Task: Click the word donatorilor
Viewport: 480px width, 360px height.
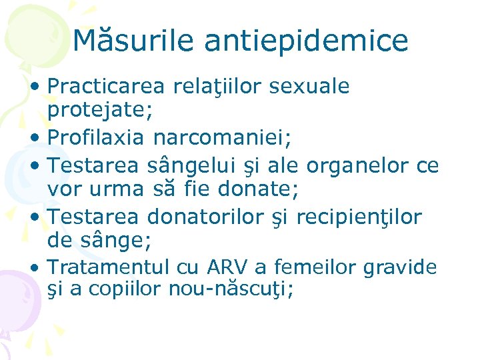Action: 205,217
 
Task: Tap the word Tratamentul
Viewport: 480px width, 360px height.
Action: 109,267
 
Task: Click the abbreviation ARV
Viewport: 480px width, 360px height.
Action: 227,267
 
